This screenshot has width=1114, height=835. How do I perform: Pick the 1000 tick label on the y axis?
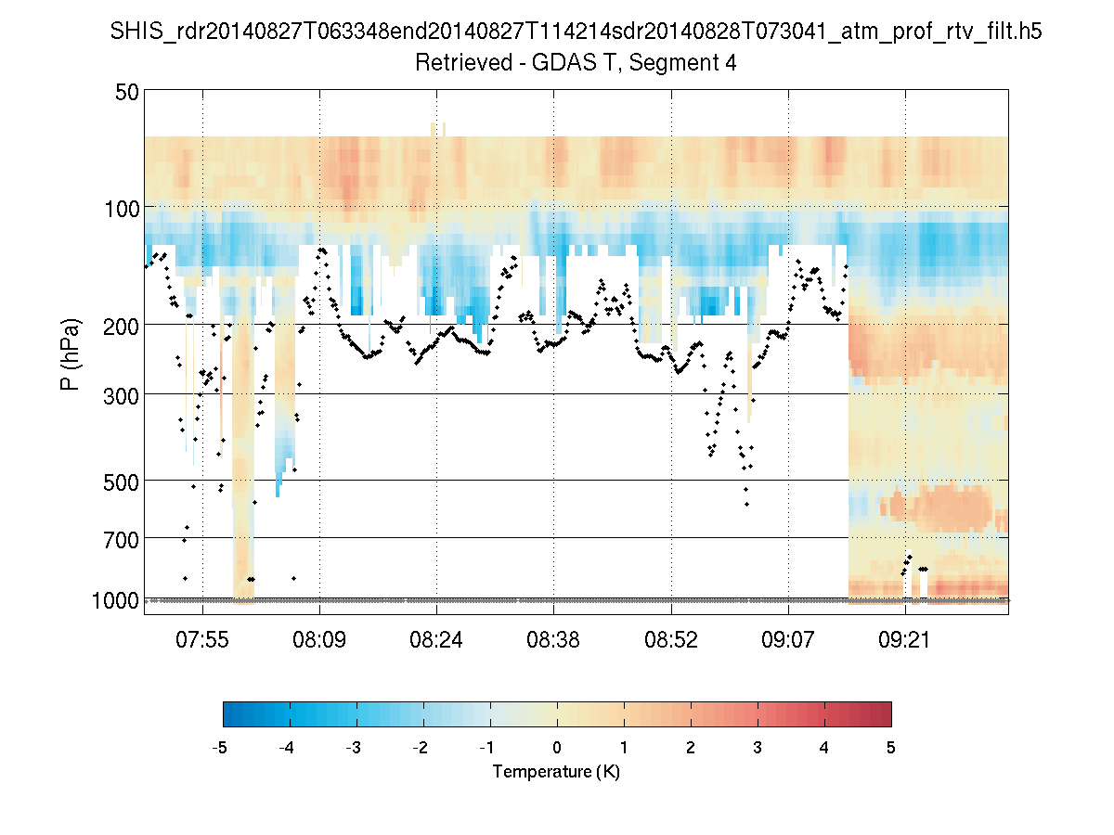click(x=116, y=600)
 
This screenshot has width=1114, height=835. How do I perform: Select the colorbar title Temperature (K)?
click(x=556, y=772)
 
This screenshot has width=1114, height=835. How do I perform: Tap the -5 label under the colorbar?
click(x=220, y=748)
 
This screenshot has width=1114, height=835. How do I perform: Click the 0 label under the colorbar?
click(x=557, y=748)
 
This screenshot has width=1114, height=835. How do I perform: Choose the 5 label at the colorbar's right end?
click(x=890, y=748)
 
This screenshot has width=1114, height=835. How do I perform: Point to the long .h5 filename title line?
click(x=576, y=32)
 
